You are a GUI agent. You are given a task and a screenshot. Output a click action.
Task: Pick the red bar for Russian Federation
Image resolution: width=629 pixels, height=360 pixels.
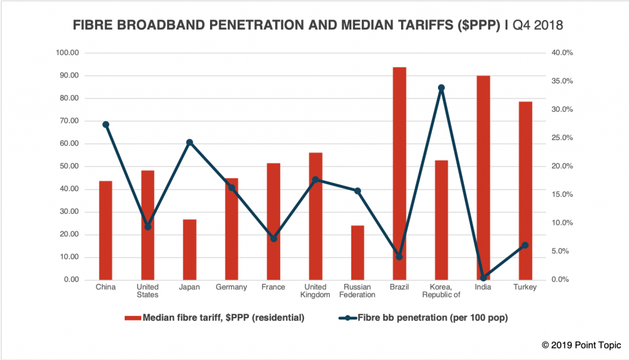pos(357,252)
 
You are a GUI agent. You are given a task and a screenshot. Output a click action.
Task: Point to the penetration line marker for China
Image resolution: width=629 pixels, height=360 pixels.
pos(106,125)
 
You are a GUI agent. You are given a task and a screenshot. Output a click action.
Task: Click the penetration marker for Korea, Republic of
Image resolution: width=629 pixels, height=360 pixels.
pos(441,88)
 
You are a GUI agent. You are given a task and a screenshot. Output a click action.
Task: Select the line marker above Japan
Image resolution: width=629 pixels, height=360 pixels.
pos(190,143)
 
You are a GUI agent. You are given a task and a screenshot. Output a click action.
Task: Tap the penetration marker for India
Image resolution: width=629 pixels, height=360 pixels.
pos(483,278)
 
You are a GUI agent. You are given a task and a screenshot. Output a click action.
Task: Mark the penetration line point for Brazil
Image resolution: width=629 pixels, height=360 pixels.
pos(399,257)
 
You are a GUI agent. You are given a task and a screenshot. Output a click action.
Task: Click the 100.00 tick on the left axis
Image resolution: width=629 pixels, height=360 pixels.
pos(68,53)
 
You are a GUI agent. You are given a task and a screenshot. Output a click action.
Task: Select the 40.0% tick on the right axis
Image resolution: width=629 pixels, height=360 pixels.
pos(562,53)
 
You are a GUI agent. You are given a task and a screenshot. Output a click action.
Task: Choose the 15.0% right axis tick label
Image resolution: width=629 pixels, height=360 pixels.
pos(562,195)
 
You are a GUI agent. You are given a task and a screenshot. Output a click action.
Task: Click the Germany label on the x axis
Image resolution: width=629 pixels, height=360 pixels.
pos(232,288)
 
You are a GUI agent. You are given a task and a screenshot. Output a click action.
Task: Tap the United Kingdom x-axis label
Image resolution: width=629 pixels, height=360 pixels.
pos(315,291)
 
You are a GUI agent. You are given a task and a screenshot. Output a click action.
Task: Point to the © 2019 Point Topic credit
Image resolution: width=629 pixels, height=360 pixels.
pos(581,346)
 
